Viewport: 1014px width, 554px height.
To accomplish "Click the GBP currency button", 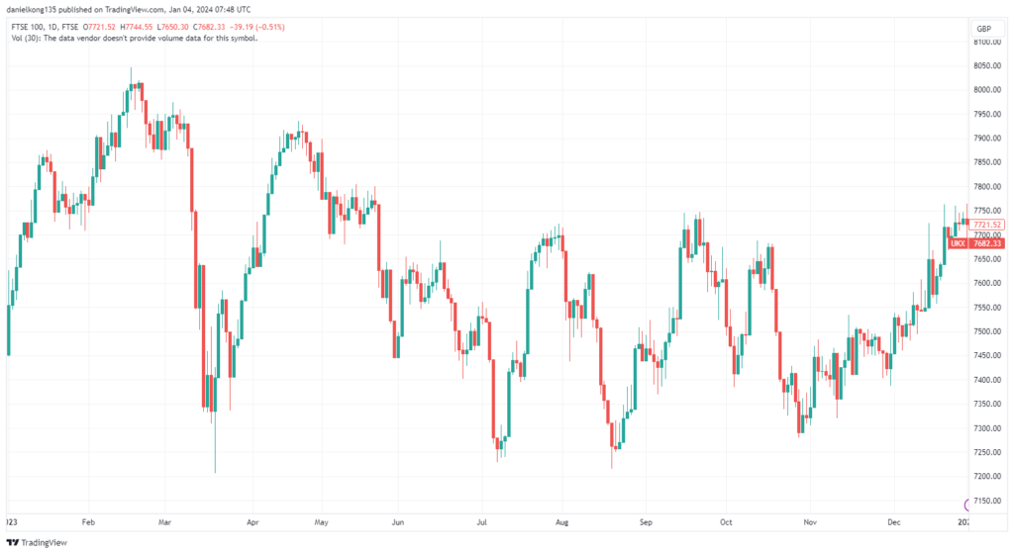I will pos(983,28).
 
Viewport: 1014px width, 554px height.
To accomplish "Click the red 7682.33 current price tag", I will pos(987,243).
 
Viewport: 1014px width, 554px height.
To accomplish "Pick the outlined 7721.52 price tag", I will pos(988,225).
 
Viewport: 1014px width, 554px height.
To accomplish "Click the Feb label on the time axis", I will pos(87,520).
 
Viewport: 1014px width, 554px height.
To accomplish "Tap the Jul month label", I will pos(482,520).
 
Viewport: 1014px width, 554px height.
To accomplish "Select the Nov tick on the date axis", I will pos(809,520).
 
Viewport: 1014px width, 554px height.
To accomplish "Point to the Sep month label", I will pos(647,520).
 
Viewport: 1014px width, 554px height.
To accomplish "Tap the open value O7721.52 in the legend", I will pos(101,27).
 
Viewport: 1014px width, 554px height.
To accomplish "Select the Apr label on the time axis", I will pos(253,520).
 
